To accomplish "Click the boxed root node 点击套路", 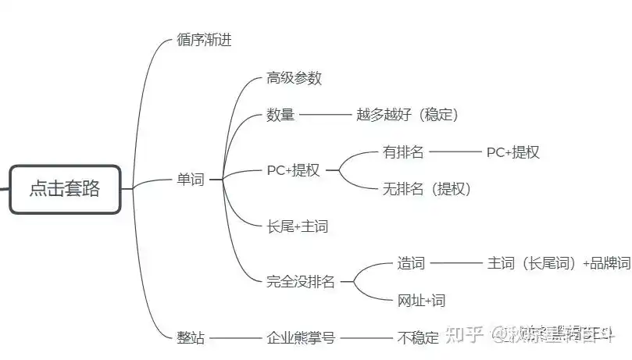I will click(x=65, y=189).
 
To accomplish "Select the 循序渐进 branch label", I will click(x=205, y=41).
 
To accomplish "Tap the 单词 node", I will click(x=190, y=180).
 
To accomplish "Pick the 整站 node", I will click(x=191, y=338).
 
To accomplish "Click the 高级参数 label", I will click(x=294, y=78).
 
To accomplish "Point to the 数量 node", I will click(x=280, y=115).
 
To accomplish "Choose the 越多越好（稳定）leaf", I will click(x=407, y=115).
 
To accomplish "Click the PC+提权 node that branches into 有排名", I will click(x=293, y=170).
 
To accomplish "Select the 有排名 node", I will click(x=403, y=151).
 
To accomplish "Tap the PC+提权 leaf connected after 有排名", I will click(x=512, y=152).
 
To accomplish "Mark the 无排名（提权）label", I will click(x=426, y=188).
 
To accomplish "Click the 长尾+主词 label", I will click(x=297, y=226).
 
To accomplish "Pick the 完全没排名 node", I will click(x=300, y=282).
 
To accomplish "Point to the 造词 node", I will click(x=411, y=263).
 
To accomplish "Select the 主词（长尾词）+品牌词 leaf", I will click(x=558, y=263).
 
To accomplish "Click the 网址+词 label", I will click(x=421, y=300).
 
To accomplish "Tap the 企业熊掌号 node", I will click(x=300, y=338).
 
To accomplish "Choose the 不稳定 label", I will click(x=418, y=338).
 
